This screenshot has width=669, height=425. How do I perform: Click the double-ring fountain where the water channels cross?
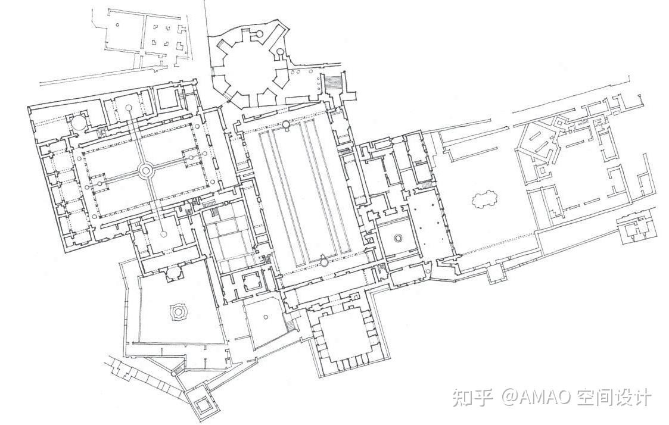click(145, 171)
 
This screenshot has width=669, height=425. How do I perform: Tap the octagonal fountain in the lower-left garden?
click(177, 311)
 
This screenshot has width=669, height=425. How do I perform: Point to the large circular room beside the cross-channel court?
click(79, 123)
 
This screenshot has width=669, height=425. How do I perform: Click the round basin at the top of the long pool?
click(286, 124)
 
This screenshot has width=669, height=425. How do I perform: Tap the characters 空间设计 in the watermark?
click(614, 396)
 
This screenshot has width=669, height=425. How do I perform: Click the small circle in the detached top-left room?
click(117, 25)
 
